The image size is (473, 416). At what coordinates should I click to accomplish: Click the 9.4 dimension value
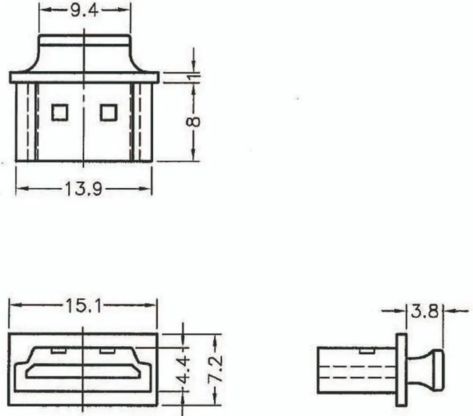point(85,10)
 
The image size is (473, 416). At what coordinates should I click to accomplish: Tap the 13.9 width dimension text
point(84,189)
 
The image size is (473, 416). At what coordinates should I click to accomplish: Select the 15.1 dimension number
point(83,306)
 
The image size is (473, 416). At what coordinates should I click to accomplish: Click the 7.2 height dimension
point(216,369)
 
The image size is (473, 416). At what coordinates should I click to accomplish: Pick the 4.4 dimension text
point(184,370)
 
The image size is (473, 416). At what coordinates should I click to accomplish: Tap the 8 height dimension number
point(194,122)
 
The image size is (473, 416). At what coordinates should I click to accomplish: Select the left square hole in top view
point(60,112)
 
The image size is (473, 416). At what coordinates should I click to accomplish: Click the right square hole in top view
point(109,112)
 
